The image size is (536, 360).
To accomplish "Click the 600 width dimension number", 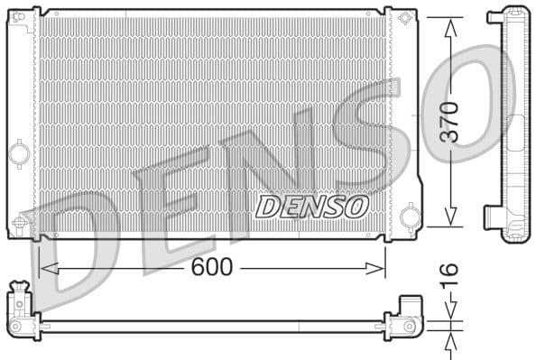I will pos(212,267).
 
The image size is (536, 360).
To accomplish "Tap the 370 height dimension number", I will pos(449,123).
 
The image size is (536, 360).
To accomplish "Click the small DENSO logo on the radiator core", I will pos(312,207).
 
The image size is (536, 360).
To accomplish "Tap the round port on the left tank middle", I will pos(18,154).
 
